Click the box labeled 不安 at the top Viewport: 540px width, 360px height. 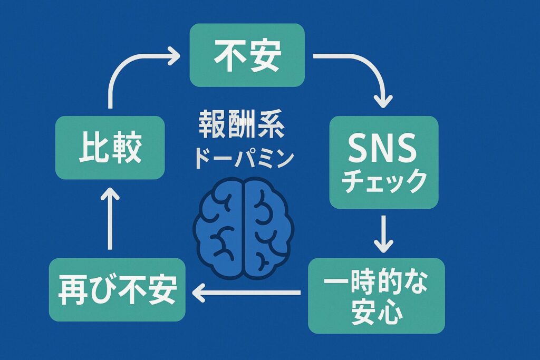pos(247,55)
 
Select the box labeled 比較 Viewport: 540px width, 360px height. pos(110,148)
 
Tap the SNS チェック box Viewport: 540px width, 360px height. pos(383,162)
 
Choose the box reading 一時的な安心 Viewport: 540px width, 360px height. pos(377,296)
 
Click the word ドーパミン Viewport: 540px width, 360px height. pos(242,157)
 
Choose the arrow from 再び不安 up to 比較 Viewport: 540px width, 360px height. pos(110,219)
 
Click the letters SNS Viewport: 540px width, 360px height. pos(383,149)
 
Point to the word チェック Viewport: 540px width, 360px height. pos(383,181)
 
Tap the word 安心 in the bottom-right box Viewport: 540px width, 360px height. pos(377,313)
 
